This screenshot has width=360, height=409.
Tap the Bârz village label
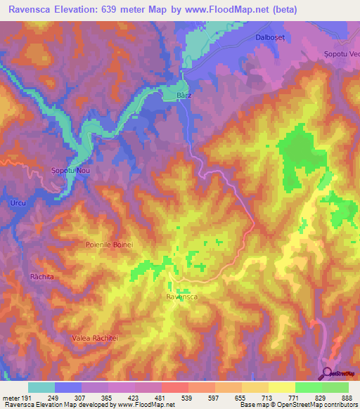pos(183,95)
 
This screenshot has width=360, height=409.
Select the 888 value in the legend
pos(347,397)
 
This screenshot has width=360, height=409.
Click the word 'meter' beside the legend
pos(11,397)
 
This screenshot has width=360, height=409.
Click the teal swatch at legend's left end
pos(41,387)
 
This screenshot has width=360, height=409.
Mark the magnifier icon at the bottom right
pos(328,373)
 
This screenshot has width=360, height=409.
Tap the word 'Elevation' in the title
pos(78,9)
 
